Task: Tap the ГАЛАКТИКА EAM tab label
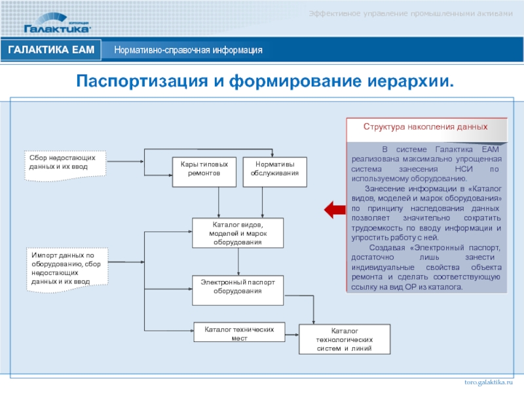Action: click(52, 50)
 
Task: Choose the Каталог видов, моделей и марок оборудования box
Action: click(237, 233)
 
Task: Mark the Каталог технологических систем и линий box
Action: click(344, 339)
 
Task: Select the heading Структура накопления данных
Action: click(426, 125)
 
